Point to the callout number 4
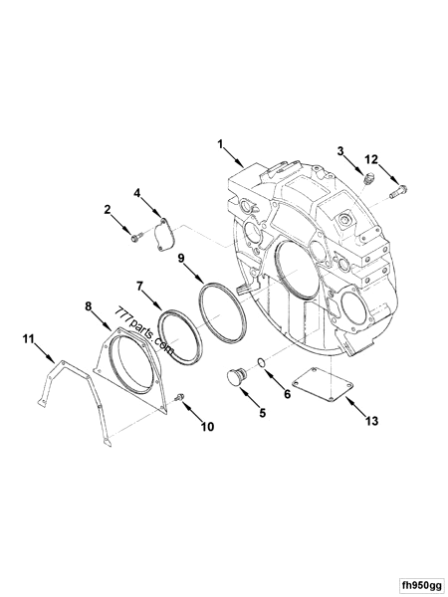(x=137, y=193)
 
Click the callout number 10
(x=207, y=428)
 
